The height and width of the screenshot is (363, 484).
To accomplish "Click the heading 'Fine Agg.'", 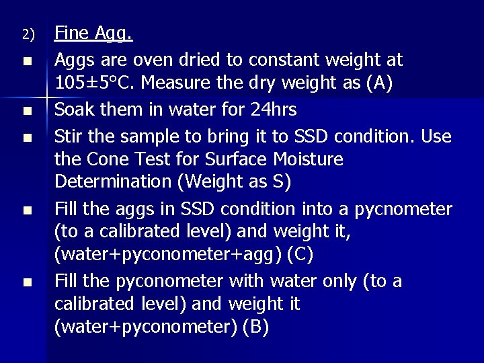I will tap(93, 33).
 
